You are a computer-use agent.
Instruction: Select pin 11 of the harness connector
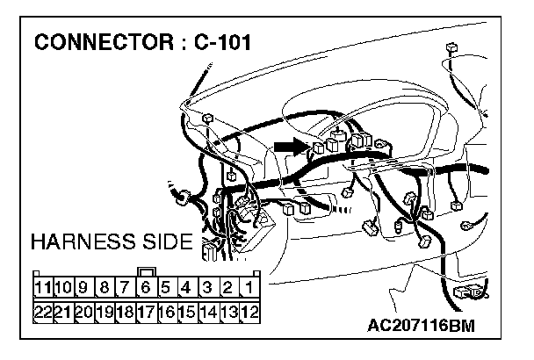(42, 287)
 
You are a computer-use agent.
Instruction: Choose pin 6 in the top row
(147, 287)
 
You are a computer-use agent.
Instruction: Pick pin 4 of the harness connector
(187, 287)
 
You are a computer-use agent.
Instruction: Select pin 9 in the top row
(83, 287)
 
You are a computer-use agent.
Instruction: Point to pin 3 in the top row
(208, 287)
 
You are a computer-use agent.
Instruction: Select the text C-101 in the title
(215, 42)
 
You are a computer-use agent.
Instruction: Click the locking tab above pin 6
(147, 272)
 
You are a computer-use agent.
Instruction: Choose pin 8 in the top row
(105, 287)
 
